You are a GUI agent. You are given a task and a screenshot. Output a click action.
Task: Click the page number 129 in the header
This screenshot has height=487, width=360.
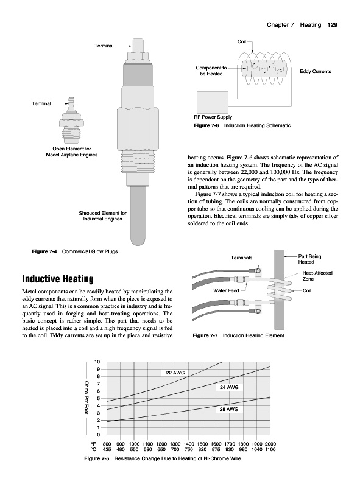(332, 25)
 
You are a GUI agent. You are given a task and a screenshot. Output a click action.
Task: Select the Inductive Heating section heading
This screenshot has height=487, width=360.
(58, 279)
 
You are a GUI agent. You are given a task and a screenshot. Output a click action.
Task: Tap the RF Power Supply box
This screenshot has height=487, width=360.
(213, 102)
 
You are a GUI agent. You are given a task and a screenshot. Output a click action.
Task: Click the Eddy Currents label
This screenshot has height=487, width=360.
(316, 71)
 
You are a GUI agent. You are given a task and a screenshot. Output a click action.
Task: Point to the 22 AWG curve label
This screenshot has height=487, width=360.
(175, 373)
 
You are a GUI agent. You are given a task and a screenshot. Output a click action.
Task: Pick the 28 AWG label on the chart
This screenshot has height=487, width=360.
(229, 409)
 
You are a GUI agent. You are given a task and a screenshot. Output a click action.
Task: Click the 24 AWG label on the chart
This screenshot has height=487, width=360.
(229, 387)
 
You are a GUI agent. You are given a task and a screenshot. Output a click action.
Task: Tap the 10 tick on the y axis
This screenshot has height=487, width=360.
(97, 362)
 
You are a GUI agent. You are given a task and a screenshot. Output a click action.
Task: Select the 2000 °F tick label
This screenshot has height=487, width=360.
(270, 444)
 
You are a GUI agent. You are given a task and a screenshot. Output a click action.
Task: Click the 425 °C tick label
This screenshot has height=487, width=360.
(107, 449)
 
